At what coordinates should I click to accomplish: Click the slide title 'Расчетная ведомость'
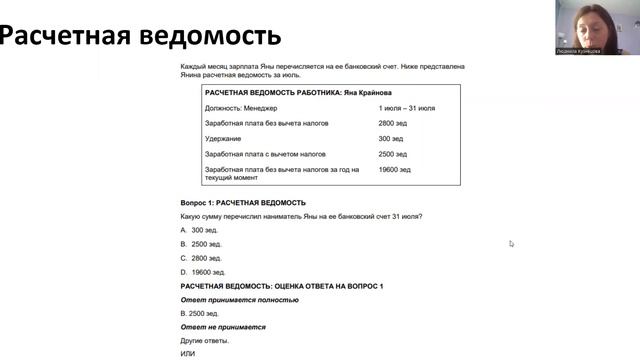[139, 37]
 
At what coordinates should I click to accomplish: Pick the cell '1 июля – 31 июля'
[406, 107]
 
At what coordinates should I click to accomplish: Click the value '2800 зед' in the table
[392, 123]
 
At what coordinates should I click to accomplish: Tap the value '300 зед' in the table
[390, 139]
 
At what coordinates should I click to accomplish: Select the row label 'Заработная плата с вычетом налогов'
[265, 155]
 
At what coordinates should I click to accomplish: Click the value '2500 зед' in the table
[392, 155]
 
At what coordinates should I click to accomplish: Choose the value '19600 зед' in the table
[394, 170]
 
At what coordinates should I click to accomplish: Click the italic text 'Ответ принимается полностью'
[239, 300]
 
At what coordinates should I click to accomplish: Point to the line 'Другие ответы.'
[204, 341]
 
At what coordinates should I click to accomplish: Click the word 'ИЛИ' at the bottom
[187, 354]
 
